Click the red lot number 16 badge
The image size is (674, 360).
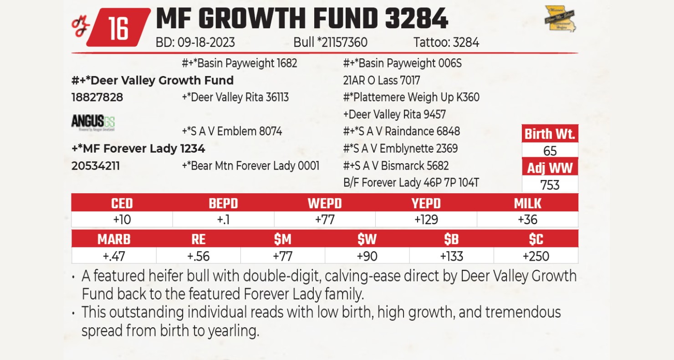point(118,28)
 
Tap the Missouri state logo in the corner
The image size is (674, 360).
point(560,19)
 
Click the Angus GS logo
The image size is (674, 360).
point(93,122)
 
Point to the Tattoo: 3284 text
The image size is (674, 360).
point(446,43)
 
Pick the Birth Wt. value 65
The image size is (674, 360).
point(550,151)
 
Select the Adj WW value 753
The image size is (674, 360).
point(550,185)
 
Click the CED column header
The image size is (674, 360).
point(122,203)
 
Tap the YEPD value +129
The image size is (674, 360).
point(426,220)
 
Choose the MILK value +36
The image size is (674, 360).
point(527,220)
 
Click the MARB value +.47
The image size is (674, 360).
point(114,256)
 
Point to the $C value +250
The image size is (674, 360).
point(536,256)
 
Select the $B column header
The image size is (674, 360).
point(451,239)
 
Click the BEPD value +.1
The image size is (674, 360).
point(223,220)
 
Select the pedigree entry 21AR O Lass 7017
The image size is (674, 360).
point(381,81)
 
